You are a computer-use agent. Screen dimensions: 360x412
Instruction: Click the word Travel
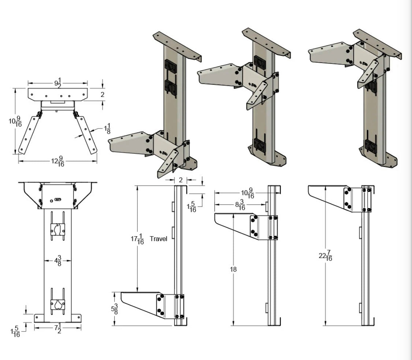(x=158, y=239)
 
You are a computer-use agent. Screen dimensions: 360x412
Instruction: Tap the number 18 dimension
(x=233, y=269)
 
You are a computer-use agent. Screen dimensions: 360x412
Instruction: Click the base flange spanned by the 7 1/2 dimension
(x=57, y=318)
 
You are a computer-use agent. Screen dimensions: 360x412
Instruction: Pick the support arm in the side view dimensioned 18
(x=236, y=225)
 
